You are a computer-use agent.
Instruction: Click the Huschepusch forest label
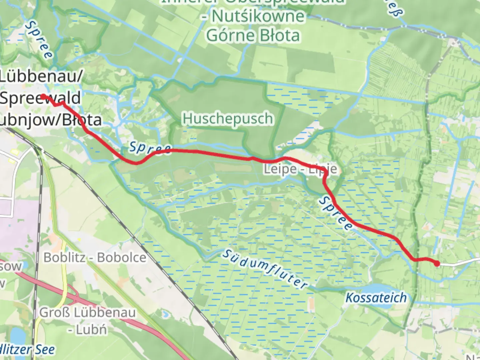click(228, 119)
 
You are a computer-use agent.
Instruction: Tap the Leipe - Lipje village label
click(300, 169)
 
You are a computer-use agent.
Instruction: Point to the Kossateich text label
click(376, 298)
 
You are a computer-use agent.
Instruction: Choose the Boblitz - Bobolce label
click(95, 257)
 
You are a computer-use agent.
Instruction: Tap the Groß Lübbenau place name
click(88, 313)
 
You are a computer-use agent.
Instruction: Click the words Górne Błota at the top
click(253, 35)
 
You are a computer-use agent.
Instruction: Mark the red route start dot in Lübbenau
click(43, 97)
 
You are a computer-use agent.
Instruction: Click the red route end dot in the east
click(437, 264)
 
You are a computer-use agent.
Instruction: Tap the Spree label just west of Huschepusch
click(150, 148)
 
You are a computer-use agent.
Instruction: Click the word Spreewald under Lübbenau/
click(40, 98)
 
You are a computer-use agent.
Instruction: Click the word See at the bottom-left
click(45, 349)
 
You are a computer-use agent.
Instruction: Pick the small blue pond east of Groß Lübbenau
click(164, 314)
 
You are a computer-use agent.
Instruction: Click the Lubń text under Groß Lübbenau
click(91, 330)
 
